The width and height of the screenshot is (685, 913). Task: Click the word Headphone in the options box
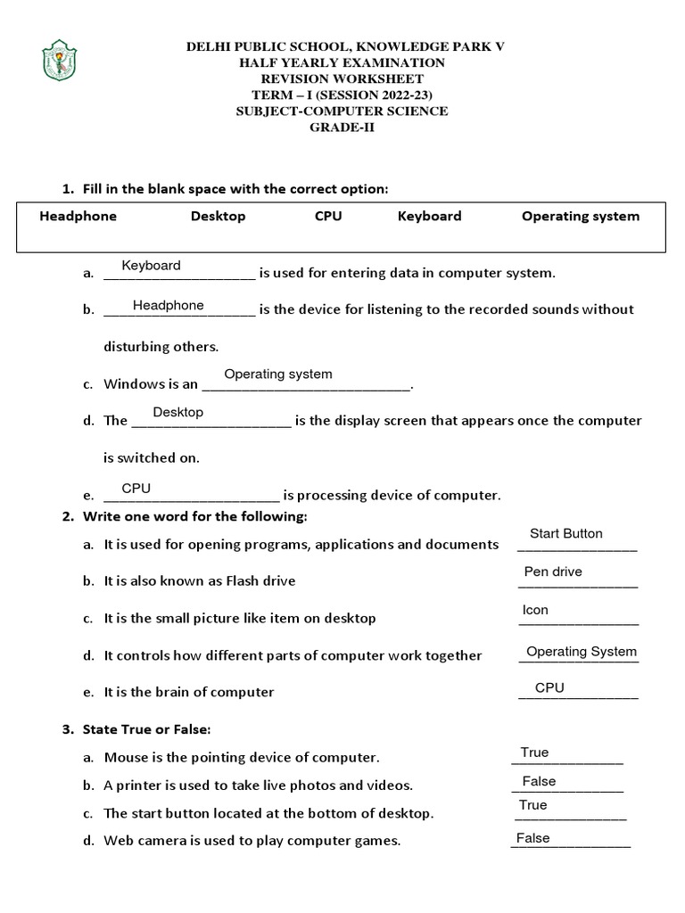click(x=78, y=216)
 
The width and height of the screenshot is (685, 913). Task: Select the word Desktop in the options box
click(x=218, y=216)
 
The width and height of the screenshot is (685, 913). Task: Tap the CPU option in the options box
click(x=328, y=216)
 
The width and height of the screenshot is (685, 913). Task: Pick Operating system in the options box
click(x=581, y=216)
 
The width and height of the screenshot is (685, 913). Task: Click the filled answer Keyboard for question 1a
click(x=151, y=266)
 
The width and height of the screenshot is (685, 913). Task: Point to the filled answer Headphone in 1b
click(x=168, y=306)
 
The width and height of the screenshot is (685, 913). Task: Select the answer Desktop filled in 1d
click(x=177, y=413)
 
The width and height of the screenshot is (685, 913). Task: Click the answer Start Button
click(x=565, y=534)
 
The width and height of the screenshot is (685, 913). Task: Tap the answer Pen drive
click(x=553, y=572)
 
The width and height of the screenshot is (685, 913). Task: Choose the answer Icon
click(x=535, y=611)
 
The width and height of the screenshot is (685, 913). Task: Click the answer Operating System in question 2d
click(x=582, y=652)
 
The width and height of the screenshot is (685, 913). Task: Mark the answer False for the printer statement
click(x=539, y=782)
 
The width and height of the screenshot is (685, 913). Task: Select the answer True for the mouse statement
click(x=534, y=753)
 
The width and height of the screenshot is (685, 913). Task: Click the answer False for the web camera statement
click(x=532, y=838)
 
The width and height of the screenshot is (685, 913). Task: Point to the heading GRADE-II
click(x=342, y=127)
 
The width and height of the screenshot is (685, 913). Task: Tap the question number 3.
click(x=67, y=729)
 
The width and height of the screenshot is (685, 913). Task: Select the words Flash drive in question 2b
click(x=260, y=580)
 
